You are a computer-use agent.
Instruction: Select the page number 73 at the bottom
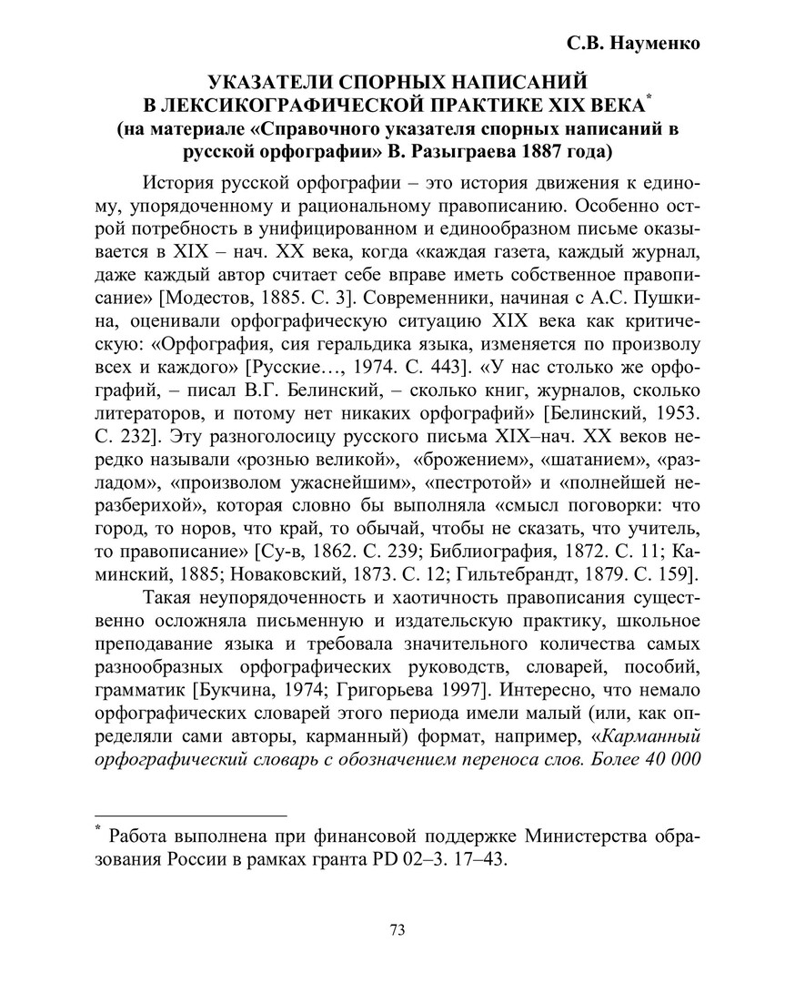click(397, 929)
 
